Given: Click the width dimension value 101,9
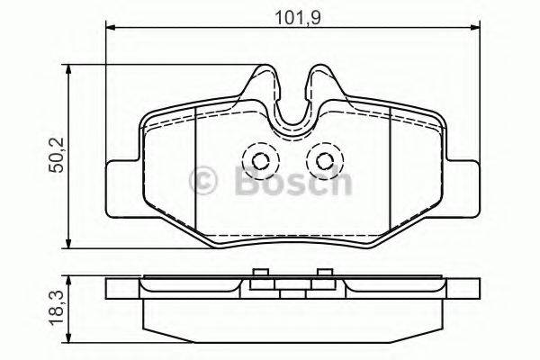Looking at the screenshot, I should pyautogui.click(x=292, y=15).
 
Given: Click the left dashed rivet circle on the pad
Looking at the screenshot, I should pyautogui.click(x=262, y=162).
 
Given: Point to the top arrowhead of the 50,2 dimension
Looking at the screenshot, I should pyautogui.click(x=69, y=69).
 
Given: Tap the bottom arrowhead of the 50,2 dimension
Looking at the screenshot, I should pyautogui.click(x=69, y=245).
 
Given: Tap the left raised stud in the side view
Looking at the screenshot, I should pyautogui.click(x=260, y=275).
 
